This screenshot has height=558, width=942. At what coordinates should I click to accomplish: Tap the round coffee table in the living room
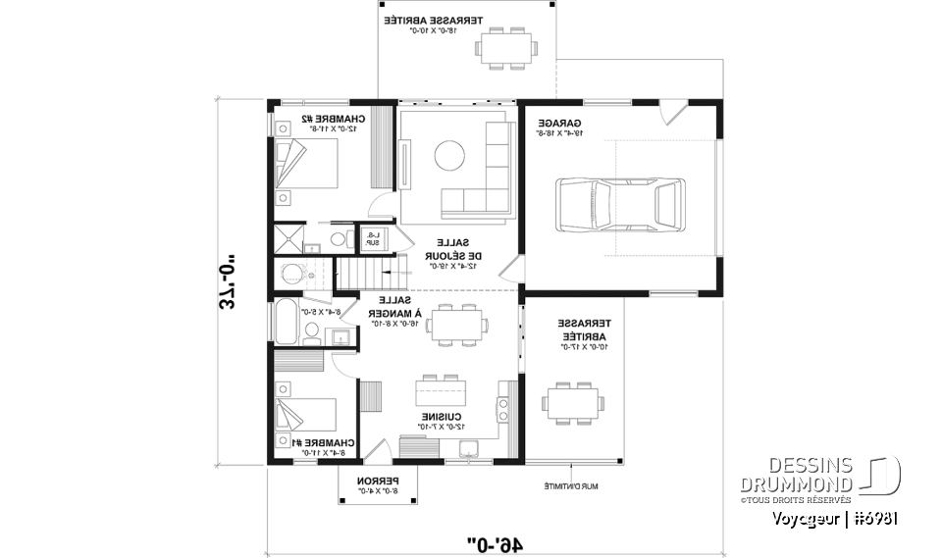click(450, 156)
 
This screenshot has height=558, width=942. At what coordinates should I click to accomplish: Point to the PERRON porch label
click(374, 485)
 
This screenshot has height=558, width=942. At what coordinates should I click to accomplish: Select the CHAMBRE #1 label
click(321, 448)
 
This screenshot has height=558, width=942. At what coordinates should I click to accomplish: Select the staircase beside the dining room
click(362, 271)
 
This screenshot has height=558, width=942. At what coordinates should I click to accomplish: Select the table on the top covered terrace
click(506, 47)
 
